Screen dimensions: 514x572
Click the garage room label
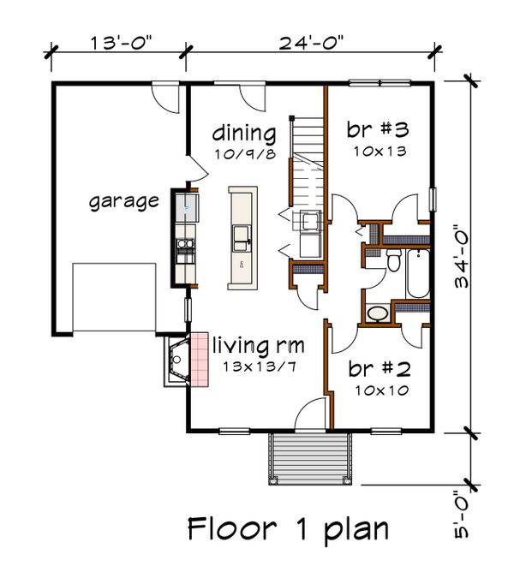point(124,202)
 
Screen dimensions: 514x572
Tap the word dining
point(244,134)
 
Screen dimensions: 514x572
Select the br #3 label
point(378,129)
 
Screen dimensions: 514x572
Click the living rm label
point(258,345)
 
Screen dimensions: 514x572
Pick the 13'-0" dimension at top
point(121,43)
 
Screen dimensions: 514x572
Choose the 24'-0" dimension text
point(311,43)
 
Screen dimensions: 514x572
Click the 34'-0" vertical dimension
point(462,257)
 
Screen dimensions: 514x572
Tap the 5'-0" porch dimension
point(462,519)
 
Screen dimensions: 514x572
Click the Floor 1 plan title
point(288,530)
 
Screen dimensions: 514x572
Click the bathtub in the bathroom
point(418,274)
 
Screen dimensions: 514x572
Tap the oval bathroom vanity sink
point(378,313)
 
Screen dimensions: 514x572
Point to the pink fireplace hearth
point(200,360)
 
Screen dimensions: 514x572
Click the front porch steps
point(310,459)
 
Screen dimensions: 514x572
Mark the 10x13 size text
point(380,152)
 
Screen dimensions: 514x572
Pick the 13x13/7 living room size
point(260,366)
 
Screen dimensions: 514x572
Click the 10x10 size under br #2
point(382,390)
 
